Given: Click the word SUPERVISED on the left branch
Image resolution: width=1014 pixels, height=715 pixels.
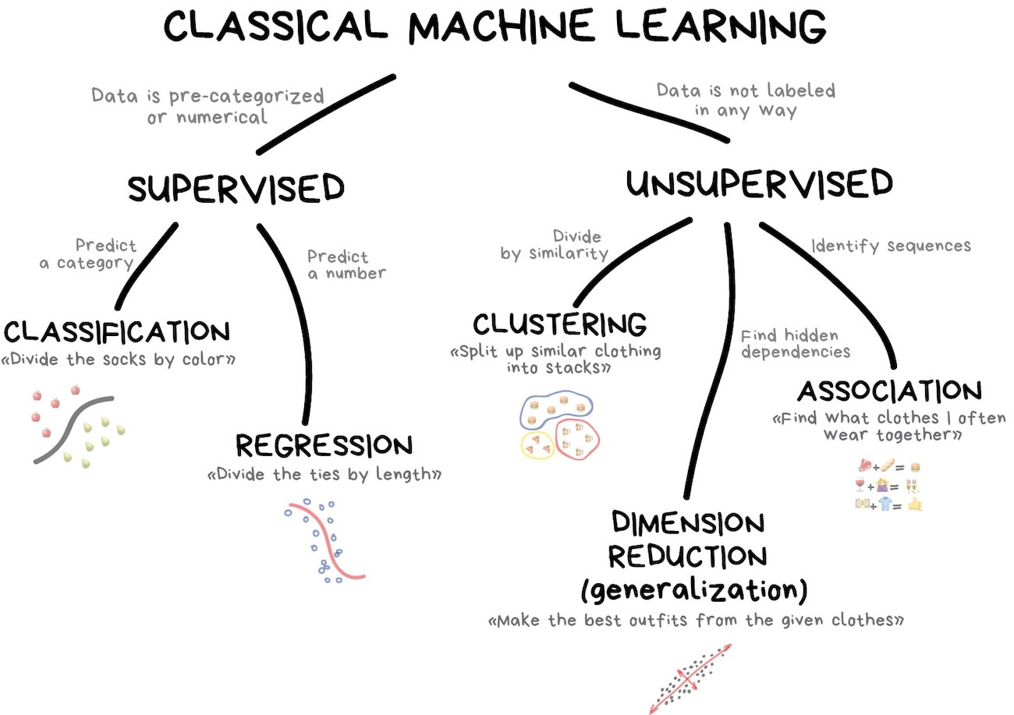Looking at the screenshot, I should click(x=236, y=189).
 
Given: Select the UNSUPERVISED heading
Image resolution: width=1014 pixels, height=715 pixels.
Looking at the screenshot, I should click(x=759, y=185).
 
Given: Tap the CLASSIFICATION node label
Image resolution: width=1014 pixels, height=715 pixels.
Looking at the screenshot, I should click(x=117, y=332).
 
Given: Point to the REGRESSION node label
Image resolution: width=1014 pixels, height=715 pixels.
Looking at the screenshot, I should click(x=324, y=446).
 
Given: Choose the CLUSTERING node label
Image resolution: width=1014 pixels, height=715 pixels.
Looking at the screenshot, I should click(x=559, y=323).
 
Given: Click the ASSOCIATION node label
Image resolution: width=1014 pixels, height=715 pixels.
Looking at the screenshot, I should click(x=888, y=391).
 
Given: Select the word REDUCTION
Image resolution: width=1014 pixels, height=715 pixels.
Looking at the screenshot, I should click(x=687, y=557).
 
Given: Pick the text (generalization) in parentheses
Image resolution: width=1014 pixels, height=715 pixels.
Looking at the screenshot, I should click(x=693, y=589).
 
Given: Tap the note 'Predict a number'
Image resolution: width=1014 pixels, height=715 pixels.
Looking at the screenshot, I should click(x=346, y=265).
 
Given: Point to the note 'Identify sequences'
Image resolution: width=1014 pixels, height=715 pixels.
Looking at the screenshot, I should click(x=891, y=246).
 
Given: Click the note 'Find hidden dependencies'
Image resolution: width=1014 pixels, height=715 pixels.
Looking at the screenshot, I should click(x=795, y=344).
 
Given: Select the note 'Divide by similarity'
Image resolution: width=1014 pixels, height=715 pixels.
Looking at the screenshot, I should click(x=555, y=245).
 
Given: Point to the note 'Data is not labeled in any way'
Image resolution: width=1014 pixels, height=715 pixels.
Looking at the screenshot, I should click(x=745, y=100).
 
